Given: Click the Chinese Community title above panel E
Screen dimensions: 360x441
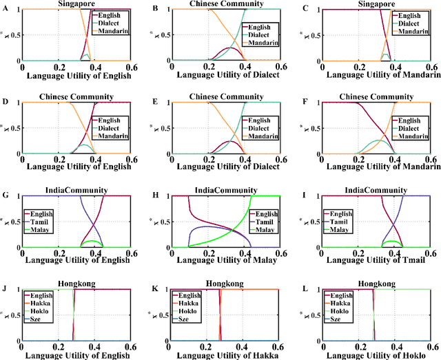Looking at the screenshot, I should click(223, 96).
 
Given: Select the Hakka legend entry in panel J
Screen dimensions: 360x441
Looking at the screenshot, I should click(45, 304).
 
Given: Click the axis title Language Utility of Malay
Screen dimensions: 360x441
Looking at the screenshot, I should click(223, 261).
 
